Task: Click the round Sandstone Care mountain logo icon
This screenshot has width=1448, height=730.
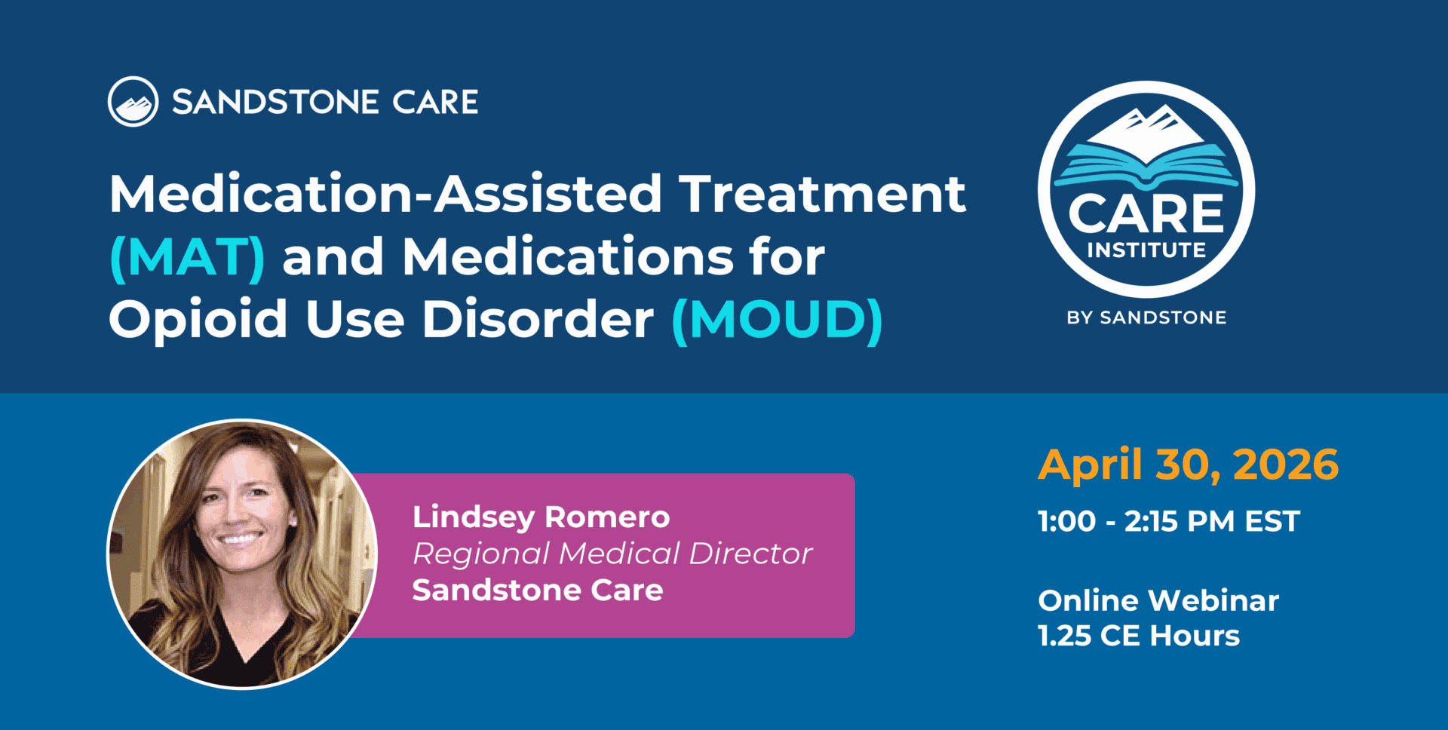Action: click(x=133, y=102)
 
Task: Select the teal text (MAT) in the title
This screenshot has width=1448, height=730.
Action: click(x=188, y=258)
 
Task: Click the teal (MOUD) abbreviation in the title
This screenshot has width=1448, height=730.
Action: click(x=777, y=320)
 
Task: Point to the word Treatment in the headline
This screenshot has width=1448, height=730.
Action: click(x=823, y=194)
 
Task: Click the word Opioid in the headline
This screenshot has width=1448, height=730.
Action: click(x=198, y=318)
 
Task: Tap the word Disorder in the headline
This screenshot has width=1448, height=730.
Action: click(x=538, y=318)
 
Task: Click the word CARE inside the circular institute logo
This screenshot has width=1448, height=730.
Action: click(x=1146, y=213)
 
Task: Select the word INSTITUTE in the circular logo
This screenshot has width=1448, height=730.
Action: click(x=1146, y=250)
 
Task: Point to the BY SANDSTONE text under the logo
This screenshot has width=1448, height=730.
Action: click(x=1146, y=317)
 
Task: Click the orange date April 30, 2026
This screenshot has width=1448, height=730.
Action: click(x=1189, y=465)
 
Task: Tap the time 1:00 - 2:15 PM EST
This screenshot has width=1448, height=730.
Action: click(x=1169, y=521)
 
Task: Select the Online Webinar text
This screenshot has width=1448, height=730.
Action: click(x=1158, y=600)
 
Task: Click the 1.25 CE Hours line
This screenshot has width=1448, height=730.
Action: click(x=1139, y=636)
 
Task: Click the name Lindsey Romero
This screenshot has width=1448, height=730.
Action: click(x=541, y=517)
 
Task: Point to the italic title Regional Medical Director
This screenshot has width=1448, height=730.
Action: click(x=612, y=554)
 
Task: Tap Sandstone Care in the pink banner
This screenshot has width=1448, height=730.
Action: click(x=538, y=590)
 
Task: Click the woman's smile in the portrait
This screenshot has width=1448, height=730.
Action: click(x=240, y=538)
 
